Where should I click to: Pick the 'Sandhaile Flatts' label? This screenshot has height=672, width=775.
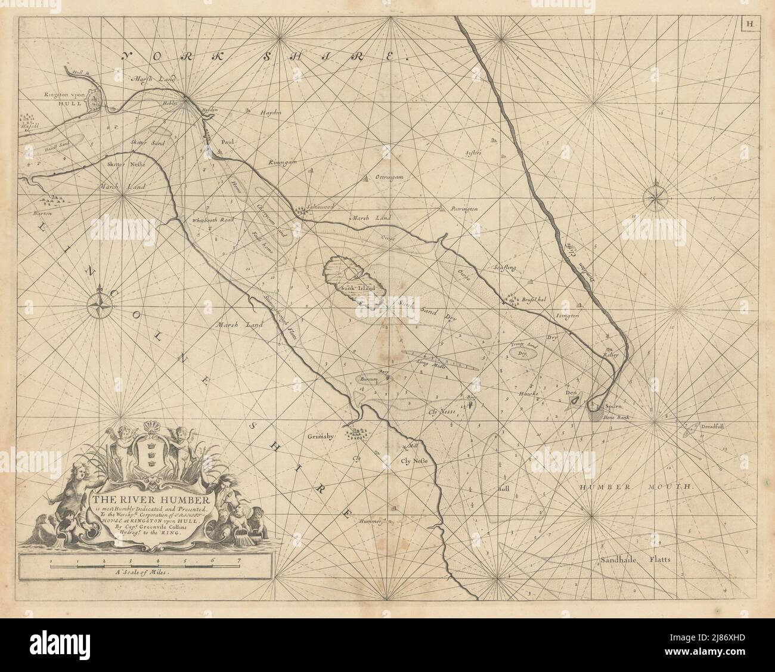pyautogui.click(x=635, y=560)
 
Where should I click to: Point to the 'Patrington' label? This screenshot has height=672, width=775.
pyautogui.click(x=464, y=209)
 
